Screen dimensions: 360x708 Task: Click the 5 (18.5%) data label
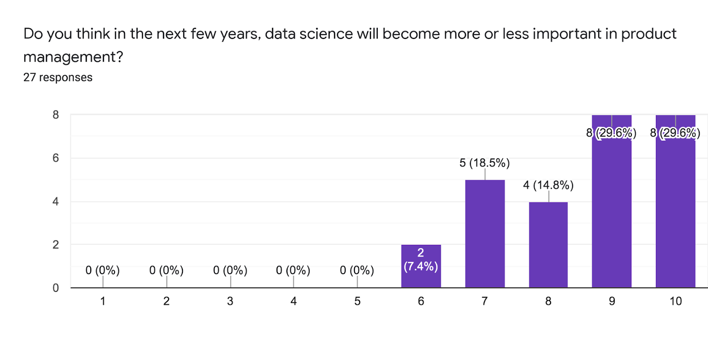[485, 163]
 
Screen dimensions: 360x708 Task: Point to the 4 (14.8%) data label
[548, 185]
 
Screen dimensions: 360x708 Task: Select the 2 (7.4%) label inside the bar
[421, 259]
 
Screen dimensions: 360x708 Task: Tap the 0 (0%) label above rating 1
[103, 270]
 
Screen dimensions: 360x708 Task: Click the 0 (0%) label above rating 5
[357, 270]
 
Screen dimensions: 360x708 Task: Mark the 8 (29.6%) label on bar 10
[675, 133]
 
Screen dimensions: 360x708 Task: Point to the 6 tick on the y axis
[56, 158]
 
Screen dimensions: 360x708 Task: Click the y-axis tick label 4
[56, 201]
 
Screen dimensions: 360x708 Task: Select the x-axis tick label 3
[230, 301]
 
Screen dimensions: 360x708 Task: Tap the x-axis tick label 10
[676, 301]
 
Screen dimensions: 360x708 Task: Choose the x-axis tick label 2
[166, 301]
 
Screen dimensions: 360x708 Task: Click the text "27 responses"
[58, 77]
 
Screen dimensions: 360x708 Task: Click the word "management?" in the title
[73, 57]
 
